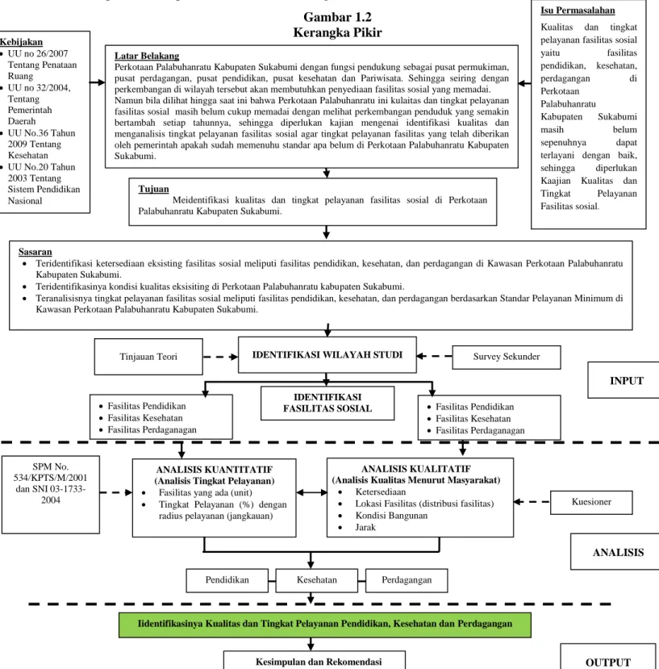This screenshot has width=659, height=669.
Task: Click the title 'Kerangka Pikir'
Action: pos(337,32)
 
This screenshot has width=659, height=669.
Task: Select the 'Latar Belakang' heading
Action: pos(147,56)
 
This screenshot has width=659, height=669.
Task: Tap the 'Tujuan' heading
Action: pos(153,189)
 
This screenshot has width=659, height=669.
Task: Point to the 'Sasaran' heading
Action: pos(35,252)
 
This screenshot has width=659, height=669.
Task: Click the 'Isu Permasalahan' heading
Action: pos(578,10)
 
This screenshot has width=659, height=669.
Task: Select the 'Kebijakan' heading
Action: pos(21,42)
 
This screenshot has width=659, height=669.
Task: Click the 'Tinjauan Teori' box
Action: pos(148,357)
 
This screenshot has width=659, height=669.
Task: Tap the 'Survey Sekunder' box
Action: pos(507,357)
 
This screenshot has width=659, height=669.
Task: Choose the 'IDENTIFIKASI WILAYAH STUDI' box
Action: pos(327,355)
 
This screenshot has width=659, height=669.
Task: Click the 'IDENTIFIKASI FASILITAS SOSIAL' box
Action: pos(327,403)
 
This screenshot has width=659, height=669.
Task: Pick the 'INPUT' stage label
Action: pos(624,380)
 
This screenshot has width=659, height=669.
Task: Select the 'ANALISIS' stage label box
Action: pos(615,552)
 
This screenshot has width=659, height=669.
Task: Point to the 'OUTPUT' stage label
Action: pos(608,657)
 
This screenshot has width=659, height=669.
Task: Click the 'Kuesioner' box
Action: pos(591,502)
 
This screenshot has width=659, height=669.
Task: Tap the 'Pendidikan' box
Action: pos(227,580)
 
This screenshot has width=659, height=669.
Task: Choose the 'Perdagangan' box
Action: pos(407,580)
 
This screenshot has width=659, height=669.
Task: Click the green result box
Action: pos(325,625)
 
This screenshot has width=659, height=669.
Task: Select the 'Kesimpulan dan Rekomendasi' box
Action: pos(315,660)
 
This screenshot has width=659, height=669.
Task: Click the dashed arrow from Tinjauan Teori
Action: pos(220,357)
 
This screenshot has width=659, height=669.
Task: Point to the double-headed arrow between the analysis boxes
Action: pos(311,492)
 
